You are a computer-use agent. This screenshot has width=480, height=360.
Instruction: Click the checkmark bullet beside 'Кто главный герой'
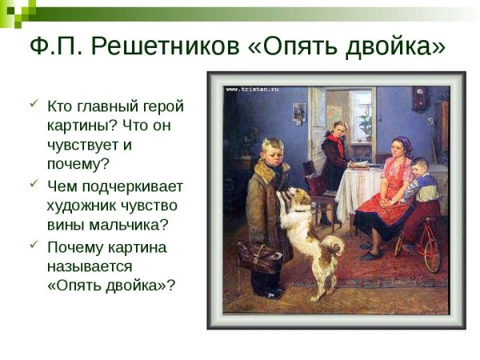pyautogui.click(x=34, y=104)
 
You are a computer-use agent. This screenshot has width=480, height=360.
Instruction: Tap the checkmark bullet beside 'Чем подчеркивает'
pyautogui.click(x=34, y=184)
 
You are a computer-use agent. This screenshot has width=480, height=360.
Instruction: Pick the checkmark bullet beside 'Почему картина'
pyautogui.click(x=34, y=245)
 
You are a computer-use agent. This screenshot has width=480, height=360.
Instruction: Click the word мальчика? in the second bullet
pyautogui.click(x=128, y=225)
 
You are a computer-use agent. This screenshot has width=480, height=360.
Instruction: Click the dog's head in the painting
pyautogui.click(x=298, y=197)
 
